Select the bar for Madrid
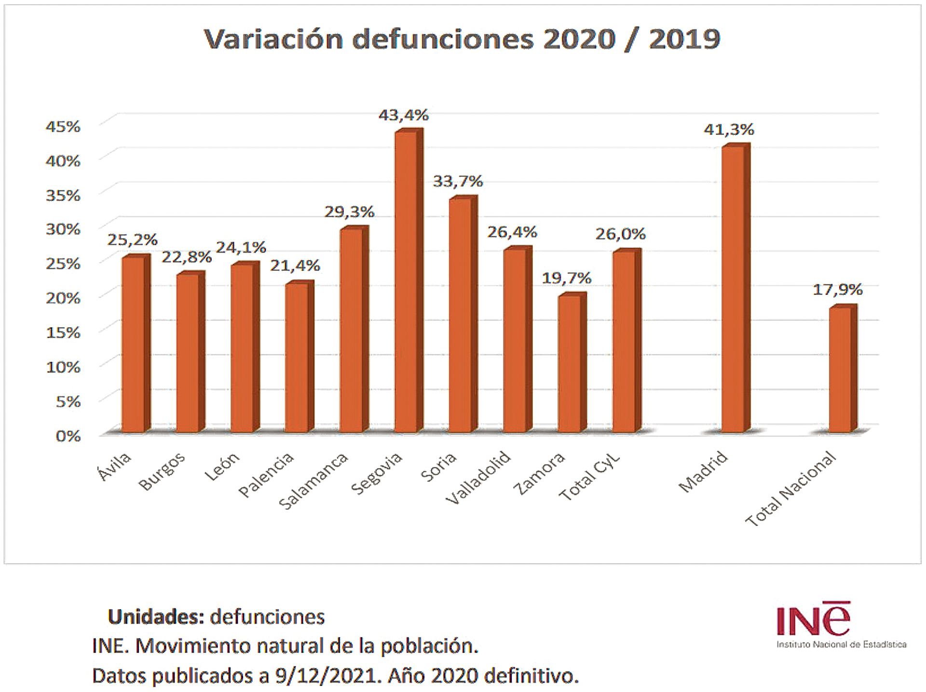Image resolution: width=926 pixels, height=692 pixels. click(733, 289)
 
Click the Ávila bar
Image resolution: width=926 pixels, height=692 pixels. click(133, 345)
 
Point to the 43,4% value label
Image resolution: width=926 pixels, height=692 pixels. click(403, 115)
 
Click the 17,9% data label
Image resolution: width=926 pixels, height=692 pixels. click(838, 290)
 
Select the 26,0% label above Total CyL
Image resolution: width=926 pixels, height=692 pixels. click(620, 234)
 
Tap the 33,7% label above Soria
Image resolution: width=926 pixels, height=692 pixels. click(458, 181)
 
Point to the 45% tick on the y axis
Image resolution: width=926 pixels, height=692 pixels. click(63, 127)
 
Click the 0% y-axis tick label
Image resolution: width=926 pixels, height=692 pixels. click(68, 436)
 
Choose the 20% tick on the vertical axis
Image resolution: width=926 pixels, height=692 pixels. click(63, 298)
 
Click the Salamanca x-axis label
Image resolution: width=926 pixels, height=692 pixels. click(313, 481)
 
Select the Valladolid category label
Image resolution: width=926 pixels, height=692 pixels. click(477, 478)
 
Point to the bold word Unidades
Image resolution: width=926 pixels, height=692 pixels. click(156, 617)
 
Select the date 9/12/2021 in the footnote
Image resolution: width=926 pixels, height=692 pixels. click(326, 676)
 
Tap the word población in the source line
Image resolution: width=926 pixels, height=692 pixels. click(429, 646)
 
